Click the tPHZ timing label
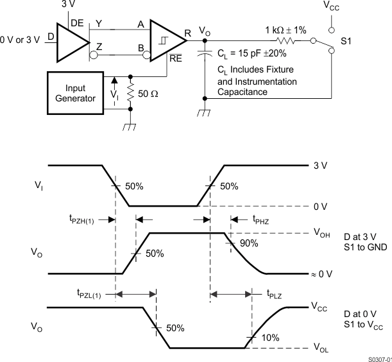pos(262,219)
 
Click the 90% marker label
pos(249,243)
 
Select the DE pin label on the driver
pos(77,23)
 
